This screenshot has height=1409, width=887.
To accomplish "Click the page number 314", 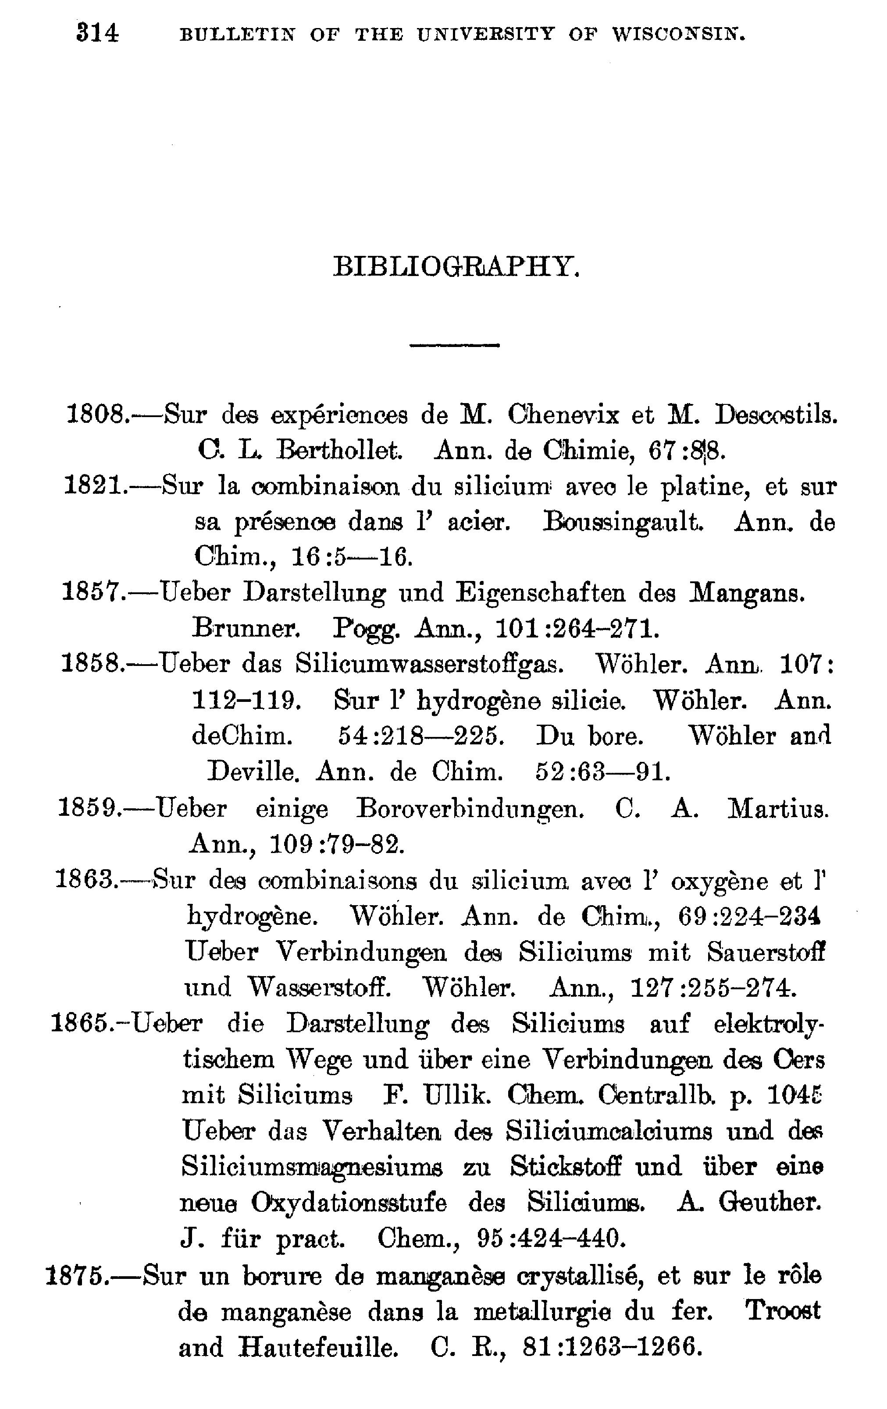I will click(97, 33).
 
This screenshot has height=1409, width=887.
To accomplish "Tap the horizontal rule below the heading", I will click(454, 345).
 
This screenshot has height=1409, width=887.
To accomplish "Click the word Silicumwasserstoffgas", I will click(430, 664).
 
